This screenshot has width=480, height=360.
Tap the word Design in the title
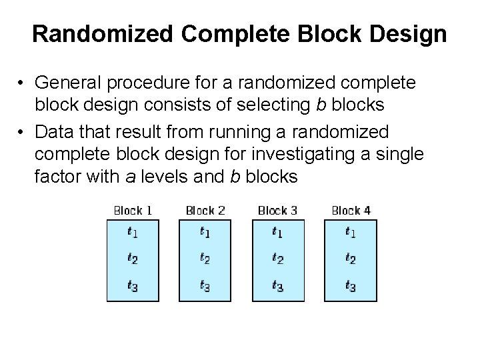click(408, 34)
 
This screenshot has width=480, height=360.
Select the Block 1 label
click(133, 211)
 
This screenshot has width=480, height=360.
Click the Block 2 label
click(205, 211)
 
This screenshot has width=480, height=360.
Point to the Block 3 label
click(277, 211)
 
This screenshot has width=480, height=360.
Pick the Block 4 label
click(351, 211)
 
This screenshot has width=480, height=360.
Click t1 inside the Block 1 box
click(133, 233)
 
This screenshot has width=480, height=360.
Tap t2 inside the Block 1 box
click(133, 259)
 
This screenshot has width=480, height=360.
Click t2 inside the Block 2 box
click(205, 259)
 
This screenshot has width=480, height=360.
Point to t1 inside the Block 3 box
click(278, 233)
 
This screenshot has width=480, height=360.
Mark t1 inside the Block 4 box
click(350, 233)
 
